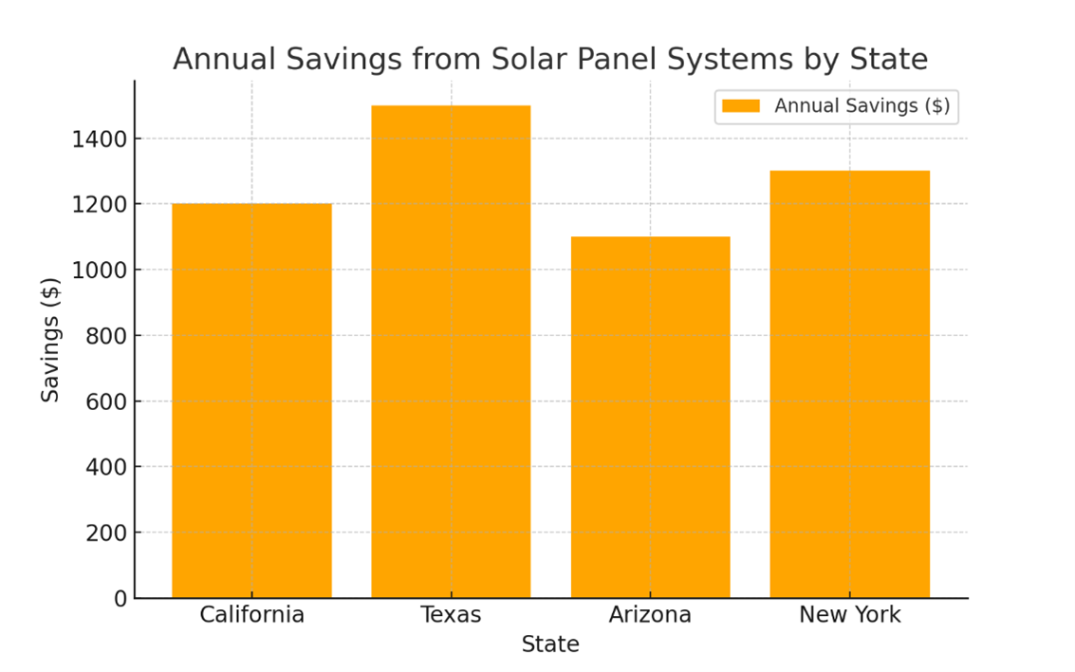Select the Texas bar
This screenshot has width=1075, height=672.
click(x=451, y=351)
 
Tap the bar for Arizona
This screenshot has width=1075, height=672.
click(x=650, y=417)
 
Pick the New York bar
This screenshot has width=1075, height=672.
click(x=849, y=384)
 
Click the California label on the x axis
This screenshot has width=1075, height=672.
click(x=251, y=615)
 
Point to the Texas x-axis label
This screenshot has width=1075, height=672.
click(x=451, y=615)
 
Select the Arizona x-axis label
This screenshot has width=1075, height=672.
click(x=650, y=615)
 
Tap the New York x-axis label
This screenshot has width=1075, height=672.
click(x=849, y=615)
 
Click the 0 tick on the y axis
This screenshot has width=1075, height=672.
click(x=120, y=599)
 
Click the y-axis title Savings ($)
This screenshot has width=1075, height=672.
click(x=50, y=339)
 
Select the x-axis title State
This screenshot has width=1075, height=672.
click(x=550, y=645)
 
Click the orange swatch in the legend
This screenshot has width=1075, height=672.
click(x=740, y=106)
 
